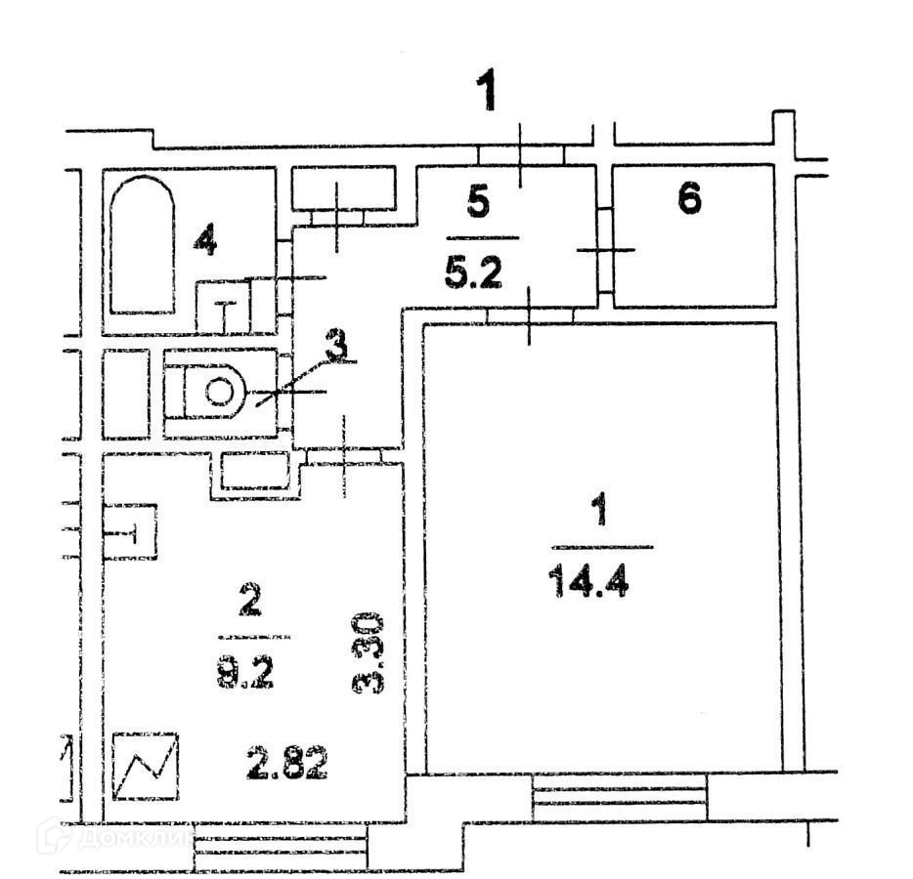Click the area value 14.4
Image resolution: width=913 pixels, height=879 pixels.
[x=588, y=583]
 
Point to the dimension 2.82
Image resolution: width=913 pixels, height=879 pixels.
[x=286, y=763]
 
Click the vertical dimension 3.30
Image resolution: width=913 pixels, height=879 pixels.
[x=370, y=652]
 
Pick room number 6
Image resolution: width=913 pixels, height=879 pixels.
[x=689, y=200]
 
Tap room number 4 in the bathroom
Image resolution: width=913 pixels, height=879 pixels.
[x=203, y=239]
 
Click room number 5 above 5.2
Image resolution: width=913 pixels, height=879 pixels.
[x=478, y=203]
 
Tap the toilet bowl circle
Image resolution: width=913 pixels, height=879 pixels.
[x=219, y=393]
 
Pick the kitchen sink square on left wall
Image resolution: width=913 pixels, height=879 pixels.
[x=130, y=531]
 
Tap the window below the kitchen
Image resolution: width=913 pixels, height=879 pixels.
[x=281, y=846]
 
